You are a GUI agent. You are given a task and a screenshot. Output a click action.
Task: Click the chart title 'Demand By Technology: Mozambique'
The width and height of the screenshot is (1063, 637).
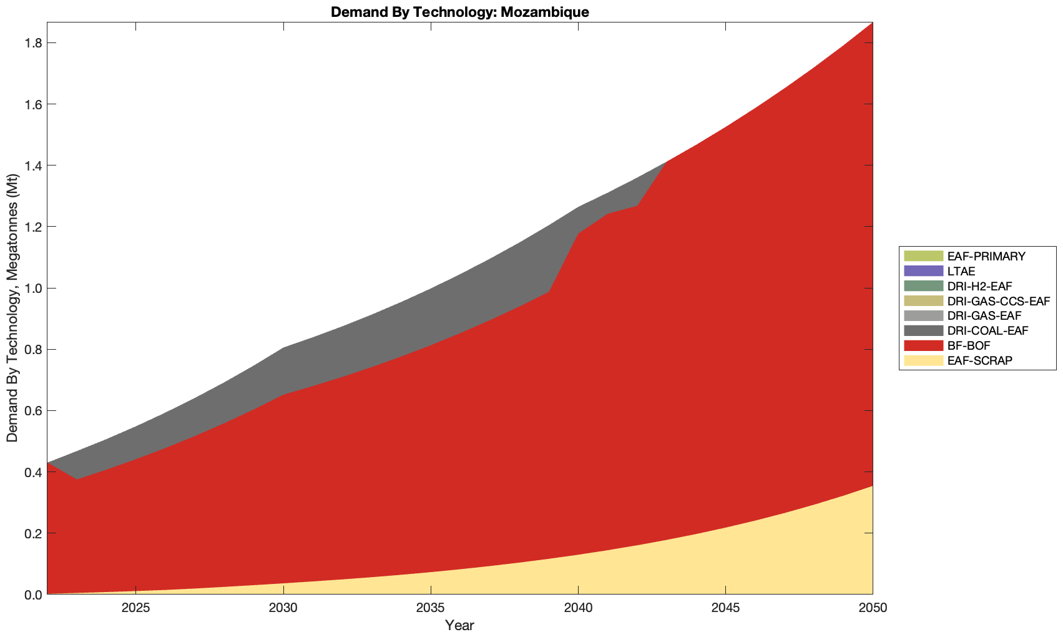(x=459, y=11)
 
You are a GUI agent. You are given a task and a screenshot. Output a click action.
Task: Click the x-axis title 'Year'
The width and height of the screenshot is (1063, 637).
(x=459, y=625)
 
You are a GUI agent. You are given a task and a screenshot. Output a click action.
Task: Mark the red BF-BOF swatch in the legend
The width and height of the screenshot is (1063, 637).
(x=923, y=345)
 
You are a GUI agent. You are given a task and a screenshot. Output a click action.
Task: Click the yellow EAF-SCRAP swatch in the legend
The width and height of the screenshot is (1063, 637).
(x=923, y=360)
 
